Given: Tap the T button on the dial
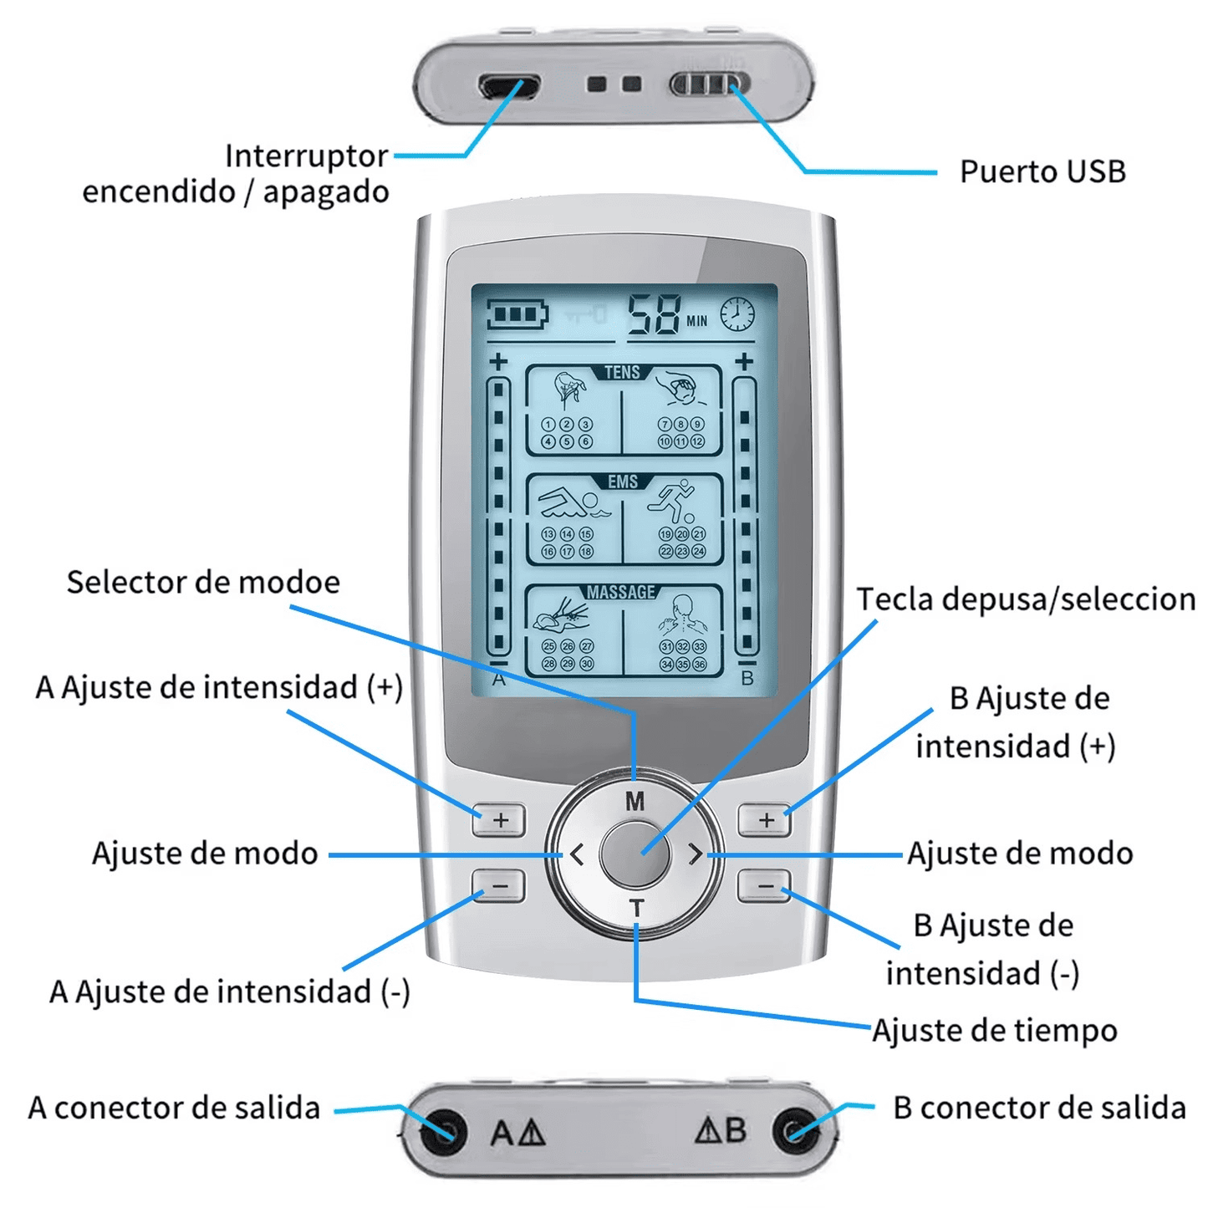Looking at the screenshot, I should click(636, 907).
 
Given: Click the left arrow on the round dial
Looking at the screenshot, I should click(577, 854).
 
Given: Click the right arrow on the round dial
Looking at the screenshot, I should click(696, 854).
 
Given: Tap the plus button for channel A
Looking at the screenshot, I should click(499, 820).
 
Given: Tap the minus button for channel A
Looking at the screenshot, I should click(499, 885).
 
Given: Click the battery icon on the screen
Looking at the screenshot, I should click(517, 315).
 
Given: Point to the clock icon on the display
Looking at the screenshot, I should click(737, 314).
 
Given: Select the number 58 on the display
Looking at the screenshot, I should click(655, 316).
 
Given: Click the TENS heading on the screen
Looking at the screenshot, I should click(622, 372).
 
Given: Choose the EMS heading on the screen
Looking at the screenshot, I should click(623, 482).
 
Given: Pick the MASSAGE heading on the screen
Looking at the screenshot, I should click(621, 592).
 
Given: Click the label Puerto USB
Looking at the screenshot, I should click(1042, 171).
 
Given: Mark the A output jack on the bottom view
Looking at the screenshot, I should click(443, 1132).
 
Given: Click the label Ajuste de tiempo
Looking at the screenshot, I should click(995, 1031).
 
